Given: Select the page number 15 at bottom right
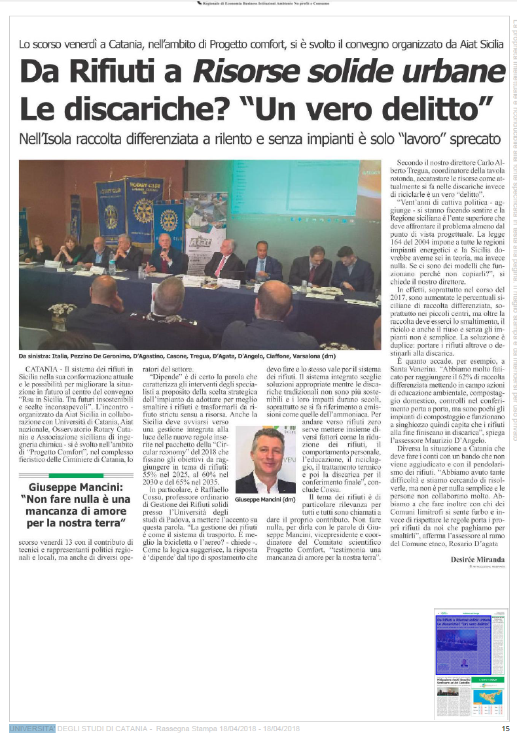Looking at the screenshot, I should [505, 729].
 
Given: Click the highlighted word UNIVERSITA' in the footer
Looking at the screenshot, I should [32, 729].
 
